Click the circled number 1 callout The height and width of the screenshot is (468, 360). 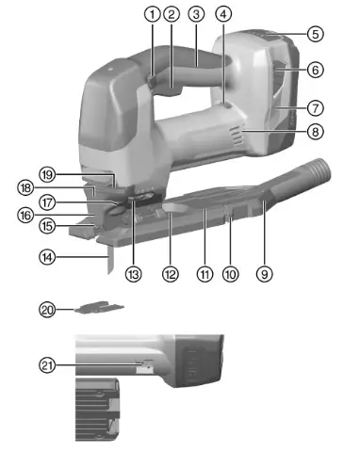click(152, 14)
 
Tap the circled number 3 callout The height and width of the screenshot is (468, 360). click(196, 14)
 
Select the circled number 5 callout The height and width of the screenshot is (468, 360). click(316, 33)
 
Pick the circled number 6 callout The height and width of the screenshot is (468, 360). click(316, 69)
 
